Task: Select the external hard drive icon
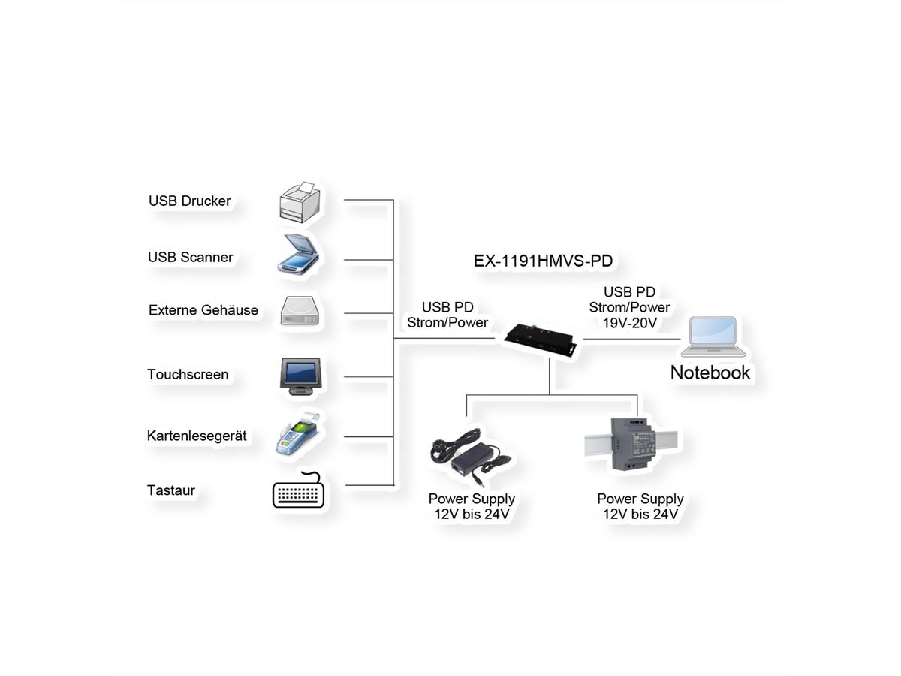point(300,310)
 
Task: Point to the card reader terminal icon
point(296,435)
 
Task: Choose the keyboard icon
point(298,491)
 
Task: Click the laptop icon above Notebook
point(713,337)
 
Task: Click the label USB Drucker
point(189,201)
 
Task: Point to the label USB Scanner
point(190,257)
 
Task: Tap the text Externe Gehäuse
point(203,310)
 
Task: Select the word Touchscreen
point(188,374)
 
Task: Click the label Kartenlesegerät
point(197,436)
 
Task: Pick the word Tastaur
point(171,490)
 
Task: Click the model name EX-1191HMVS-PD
point(543,261)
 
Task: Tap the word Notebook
point(710,373)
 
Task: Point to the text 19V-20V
point(629,322)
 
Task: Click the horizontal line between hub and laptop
point(631,340)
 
